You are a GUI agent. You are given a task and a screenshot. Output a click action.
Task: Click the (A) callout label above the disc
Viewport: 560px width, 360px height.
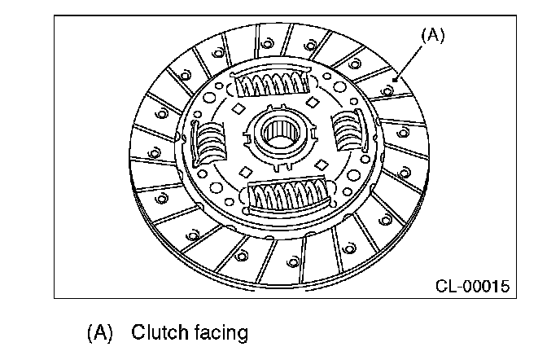(432, 36)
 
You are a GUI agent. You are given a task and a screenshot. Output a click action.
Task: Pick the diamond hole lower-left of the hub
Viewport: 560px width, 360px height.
(244, 172)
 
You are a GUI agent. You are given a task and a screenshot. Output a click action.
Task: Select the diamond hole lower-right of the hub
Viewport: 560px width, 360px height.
(321, 165)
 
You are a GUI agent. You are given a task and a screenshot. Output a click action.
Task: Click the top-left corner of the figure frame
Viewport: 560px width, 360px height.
(55, 16)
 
